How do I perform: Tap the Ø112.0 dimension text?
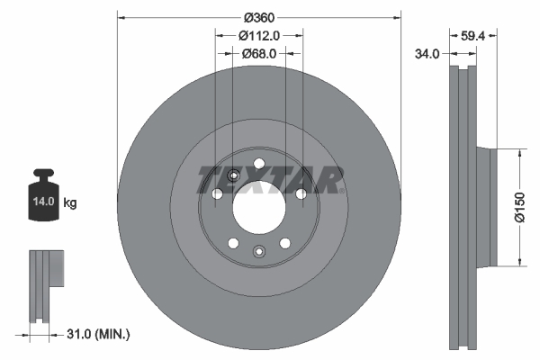click(x=259, y=35)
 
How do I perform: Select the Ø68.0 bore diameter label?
click(x=259, y=54)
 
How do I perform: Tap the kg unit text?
click(x=69, y=202)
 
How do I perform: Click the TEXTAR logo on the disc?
click(x=270, y=181)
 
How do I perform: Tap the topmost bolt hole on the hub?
click(x=259, y=164)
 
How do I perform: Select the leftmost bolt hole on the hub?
click(x=217, y=193)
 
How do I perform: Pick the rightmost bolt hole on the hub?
click(x=301, y=193)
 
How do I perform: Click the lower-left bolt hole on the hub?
click(x=233, y=243)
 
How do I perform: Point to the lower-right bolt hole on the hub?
click(x=285, y=243)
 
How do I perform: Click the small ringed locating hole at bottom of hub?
click(x=259, y=252)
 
